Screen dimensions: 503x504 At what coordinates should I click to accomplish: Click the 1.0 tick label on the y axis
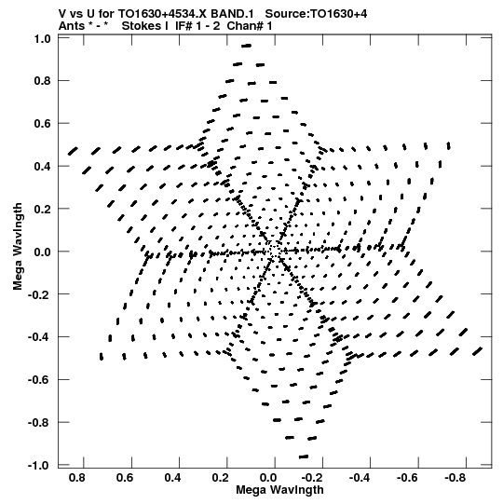click(43, 39)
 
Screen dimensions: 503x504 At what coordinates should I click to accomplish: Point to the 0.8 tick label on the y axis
click(43, 81)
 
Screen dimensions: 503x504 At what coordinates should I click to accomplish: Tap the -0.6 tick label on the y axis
click(39, 379)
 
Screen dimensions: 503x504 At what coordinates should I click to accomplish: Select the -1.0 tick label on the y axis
click(39, 465)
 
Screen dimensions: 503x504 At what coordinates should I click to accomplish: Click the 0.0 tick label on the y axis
click(43, 252)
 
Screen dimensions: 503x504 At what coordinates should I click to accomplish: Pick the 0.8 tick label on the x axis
click(77, 478)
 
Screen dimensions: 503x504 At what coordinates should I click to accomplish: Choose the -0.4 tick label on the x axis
click(360, 478)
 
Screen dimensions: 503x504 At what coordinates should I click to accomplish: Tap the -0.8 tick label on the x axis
click(455, 478)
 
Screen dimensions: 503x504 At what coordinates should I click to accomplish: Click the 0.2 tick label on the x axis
click(221, 478)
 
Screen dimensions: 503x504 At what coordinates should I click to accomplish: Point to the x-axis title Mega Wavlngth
click(279, 490)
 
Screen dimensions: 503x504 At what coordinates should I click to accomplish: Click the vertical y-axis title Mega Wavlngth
click(18, 247)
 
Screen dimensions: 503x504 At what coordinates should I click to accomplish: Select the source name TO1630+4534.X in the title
click(163, 14)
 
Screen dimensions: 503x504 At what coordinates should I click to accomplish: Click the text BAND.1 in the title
click(232, 14)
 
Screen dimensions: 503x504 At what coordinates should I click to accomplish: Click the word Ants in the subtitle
click(72, 26)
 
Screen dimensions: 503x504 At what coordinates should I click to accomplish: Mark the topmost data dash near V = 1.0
click(247, 46)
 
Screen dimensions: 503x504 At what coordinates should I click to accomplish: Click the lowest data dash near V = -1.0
click(304, 456)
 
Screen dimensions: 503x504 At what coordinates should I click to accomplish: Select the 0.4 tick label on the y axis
click(43, 166)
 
